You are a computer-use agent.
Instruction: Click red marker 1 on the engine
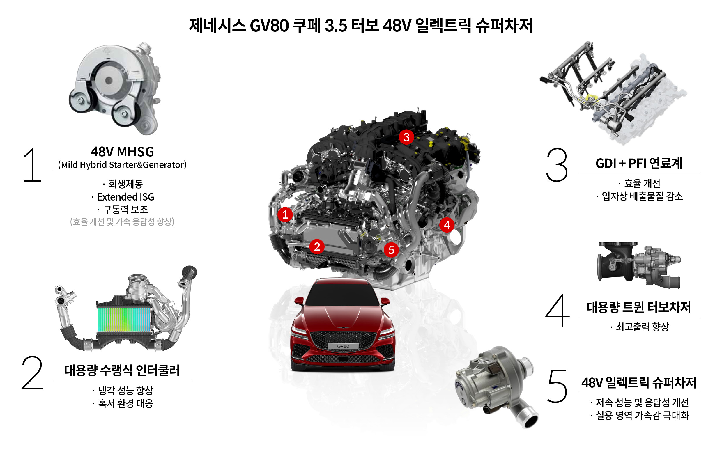pyautogui.click(x=285, y=214)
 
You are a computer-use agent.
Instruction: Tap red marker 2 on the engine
pyautogui.click(x=317, y=246)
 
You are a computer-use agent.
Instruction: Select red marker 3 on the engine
pyautogui.click(x=406, y=137)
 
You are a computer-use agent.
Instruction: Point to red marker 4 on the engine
pyautogui.click(x=447, y=225)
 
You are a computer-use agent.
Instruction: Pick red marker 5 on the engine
pyautogui.click(x=391, y=250)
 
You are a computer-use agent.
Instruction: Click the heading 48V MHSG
pyautogui.click(x=122, y=152)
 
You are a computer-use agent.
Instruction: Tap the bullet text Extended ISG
pyautogui.click(x=125, y=197)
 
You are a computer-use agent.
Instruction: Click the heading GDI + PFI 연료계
pyautogui.click(x=639, y=164)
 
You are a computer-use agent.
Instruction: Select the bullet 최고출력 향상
pyautogui.click(x=642, y=327)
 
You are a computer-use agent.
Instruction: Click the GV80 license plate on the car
pyautogui.click(x=343, y=346)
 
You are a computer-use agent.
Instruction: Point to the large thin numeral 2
pyautogui.click(x=32, y=373)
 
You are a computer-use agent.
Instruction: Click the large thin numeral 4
pyautogui.click(x=558, y=311)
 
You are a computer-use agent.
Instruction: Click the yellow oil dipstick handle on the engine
pyautogui.click(x=464, y=140)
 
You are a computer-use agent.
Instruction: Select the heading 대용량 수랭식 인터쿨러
pyautogui.click(x=122, y=370)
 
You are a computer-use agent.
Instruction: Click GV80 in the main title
pyautogui.click(x=269, y=26)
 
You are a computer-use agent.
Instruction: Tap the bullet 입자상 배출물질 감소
pyautogui.click(x=642, y=196)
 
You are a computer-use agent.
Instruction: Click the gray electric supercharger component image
pyautogui.click(x=496, y=386)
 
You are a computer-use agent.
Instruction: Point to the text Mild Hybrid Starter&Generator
pyautogui.click(x=122, y=165)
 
